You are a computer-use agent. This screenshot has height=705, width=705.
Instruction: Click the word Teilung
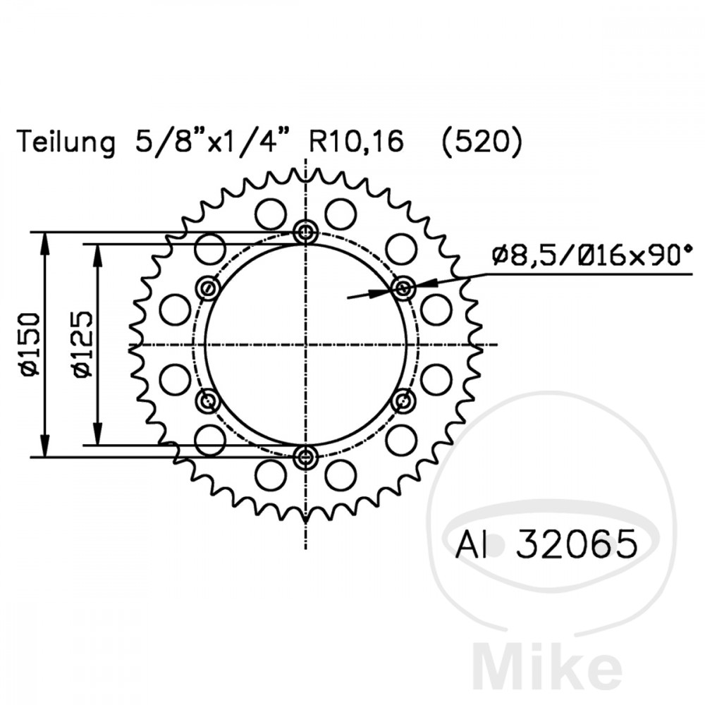pos(66,142)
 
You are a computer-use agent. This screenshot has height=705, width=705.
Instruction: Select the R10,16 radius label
pos(355,141)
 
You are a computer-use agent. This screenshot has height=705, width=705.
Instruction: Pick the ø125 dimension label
pos(82,345)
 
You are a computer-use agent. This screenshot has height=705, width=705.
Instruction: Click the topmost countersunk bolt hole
pos(306,233)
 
